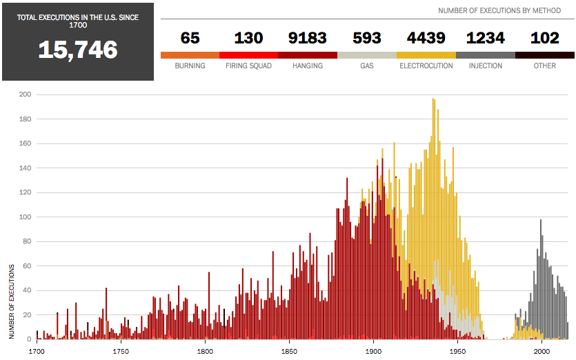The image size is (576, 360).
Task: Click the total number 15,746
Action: pyautogui.click(x=77, y=49)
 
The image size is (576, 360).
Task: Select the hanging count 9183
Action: pyautogui.click(x=308, y=38)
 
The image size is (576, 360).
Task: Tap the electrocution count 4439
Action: pyautogui.click(x=426, y=38)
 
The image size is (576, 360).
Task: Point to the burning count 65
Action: pyautogui.click(x=190, y=38)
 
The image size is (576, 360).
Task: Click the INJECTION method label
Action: pyautogui.click(x=485, y=66)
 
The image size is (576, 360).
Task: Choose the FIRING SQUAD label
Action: pyautogui.click(x=248, y=66)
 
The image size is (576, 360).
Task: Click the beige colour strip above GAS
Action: pyautogui.click(x=367, y=54)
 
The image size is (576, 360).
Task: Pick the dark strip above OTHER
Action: pyautogui.click(x=545, y=54)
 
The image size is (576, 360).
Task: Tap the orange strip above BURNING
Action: pyautogui.click(x=190, y=54)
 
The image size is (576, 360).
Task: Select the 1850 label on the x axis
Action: pyautogui.click(x=289, y=351)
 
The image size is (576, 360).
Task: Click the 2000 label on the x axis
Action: pyautogui.click(x=542, y=351)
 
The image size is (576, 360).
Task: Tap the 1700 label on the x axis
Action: pyautogui.click(x=37, y=351)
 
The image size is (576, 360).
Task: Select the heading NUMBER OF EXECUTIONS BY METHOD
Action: pyautogui.click(x=499, y=10)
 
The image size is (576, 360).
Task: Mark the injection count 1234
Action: pyautogui.click(x=485, y=38)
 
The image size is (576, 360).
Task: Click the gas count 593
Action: pyautogui.click(x=367, y=38)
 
